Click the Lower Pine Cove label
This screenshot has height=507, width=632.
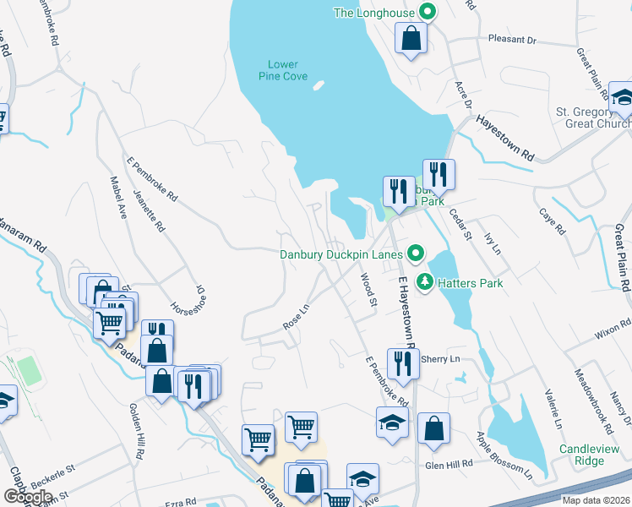pos(283,69)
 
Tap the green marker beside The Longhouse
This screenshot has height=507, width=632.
pos(428,12)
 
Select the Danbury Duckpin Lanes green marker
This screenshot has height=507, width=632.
pos(415,253)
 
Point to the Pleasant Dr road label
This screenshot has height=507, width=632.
pos(513,40)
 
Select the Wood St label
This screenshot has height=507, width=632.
pos(368,286)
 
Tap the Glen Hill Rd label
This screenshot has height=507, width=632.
pos(449,465)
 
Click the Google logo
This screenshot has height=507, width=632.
pos(28,496)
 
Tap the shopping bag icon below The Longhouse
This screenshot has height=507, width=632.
pos(411,38)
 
